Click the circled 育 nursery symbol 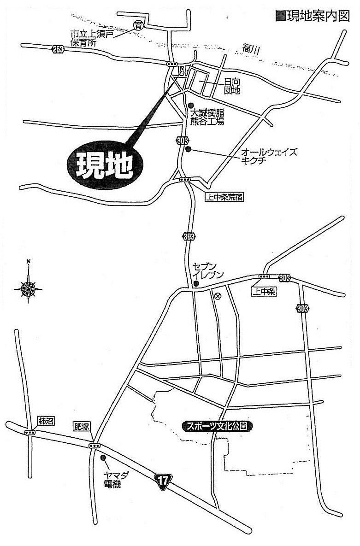click(137, 25)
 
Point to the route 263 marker click(58, 49)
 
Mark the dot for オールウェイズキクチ click(188, 149)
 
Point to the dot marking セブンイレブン click(195, 283)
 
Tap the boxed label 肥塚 click(81, 427)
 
